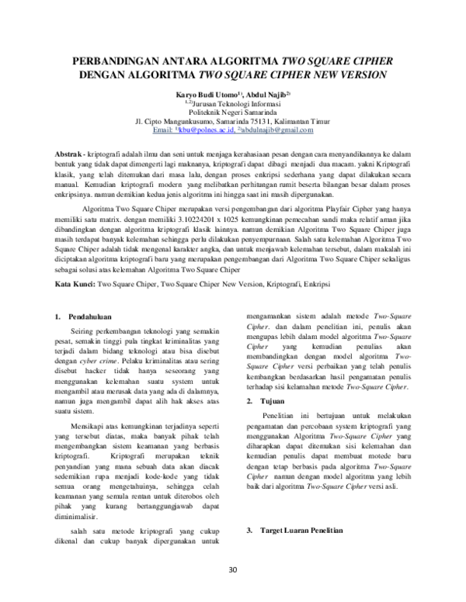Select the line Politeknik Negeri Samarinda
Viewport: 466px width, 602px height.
(234, 112)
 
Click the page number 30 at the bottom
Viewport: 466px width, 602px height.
(232, 572)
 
